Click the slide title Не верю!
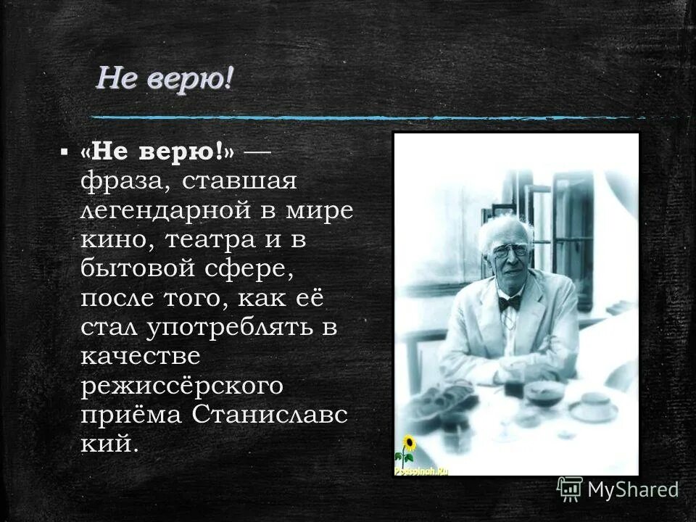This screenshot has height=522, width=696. [x=165, y=78]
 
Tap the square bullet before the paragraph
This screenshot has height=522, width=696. [x=65, y=152]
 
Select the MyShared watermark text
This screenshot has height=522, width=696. [x=633, y=490]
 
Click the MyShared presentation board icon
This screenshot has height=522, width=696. [x=570, y=489]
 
